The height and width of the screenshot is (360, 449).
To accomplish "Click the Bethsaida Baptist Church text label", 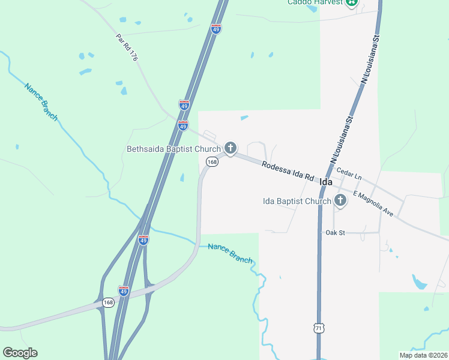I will pyautogui.click(x=173, y=149).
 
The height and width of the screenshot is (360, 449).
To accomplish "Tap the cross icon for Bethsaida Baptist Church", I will pyautogui.click(x=230, y=148).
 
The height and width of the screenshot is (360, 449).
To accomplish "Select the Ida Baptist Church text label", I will pyautogui.click(x=297, y=201).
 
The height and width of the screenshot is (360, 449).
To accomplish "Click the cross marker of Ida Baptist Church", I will pyautogui.click(x=340, y=200).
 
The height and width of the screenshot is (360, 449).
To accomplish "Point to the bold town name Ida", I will pyautogui.click(x=326, y=181).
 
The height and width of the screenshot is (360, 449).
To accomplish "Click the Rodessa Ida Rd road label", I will pyautogui.click(x=288, y=170).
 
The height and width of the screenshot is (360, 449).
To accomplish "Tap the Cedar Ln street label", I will pyautogui.click(x=349, y=175).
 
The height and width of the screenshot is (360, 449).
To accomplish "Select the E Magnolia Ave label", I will pyautogui.click(x=373, y=204).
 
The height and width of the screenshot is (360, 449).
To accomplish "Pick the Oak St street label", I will pyautogui.click(x=335, y=232).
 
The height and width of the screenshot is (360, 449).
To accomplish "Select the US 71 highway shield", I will pyautogui.click(x=318, y=328).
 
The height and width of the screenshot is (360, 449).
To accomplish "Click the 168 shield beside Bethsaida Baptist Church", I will pyautogui.click(x=212, y=161).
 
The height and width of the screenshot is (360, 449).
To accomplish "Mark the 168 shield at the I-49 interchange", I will pyautogui.click(x=107, y=302).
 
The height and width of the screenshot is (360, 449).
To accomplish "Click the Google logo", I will pyautogui.click(x=20, y=353).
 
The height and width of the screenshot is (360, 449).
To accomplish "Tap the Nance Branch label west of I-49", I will pyautogui.click(x=41, y=101).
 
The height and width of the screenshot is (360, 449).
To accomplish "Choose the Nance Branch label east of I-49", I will pyautogui.click(x=230, y=253).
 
